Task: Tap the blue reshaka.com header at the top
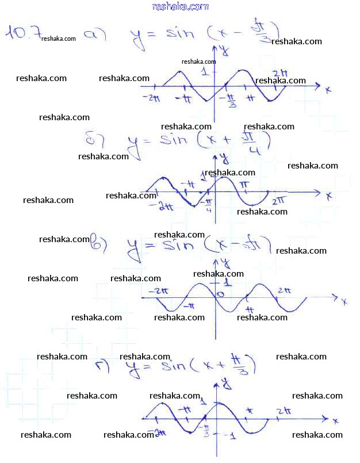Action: coord(180,6)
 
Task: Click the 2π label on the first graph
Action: coord(280,72)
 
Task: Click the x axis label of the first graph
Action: coord(328,89)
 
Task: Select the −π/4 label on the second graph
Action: coord(208,205)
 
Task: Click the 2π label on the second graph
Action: coord(279,201)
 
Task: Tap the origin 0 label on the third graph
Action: coord(220,295)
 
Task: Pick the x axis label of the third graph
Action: coord(343,301)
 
